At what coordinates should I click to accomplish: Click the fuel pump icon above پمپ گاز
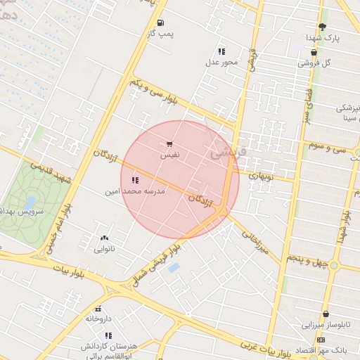click(161, 23)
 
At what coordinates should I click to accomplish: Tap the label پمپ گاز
click(161, 33)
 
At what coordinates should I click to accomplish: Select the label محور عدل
click(222, 62)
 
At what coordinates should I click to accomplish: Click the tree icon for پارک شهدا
click(322, 27)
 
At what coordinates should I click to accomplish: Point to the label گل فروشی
click(314, 63)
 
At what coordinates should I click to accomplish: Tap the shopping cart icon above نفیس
click(169, 143)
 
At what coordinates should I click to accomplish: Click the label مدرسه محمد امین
click(135, 191)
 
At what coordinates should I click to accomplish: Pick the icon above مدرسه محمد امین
click(135, 180)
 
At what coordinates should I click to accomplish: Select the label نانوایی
click(105, 248)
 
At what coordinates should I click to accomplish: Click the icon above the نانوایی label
click(105, 238)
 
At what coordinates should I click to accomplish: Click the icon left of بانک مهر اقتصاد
click(321, 340)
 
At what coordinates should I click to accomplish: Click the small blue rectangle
click(174, 268)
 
